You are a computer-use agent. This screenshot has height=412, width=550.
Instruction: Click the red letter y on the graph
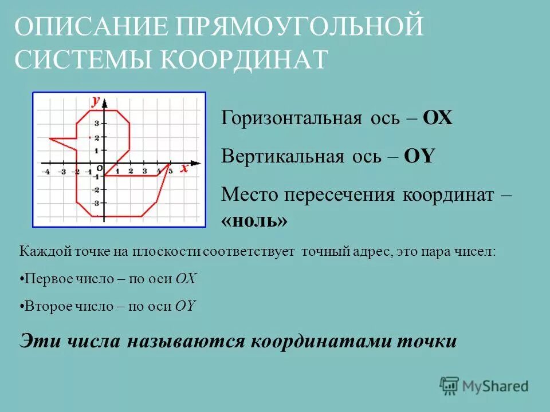[95, 101]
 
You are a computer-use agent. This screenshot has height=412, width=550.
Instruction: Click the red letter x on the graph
[184, 168]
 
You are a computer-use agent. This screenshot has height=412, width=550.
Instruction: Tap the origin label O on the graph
[99, 168]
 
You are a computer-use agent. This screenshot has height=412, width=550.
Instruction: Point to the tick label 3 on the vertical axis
[97, 124]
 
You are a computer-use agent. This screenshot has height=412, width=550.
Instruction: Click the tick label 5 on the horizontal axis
[170, 171]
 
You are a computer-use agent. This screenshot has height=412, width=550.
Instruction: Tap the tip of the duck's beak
[50, 138]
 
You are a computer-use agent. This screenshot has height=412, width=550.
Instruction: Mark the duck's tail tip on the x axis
[170, 164]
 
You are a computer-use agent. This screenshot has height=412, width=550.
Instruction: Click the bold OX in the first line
[438, 118]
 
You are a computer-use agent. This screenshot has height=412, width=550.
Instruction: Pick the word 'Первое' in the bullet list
[42, 279]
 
